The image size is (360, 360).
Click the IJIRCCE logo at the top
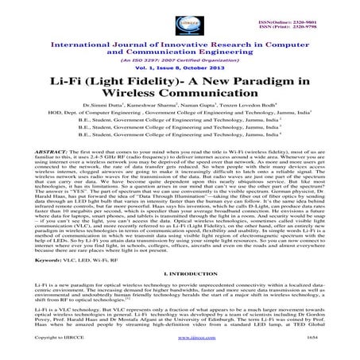tap(180, 15)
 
